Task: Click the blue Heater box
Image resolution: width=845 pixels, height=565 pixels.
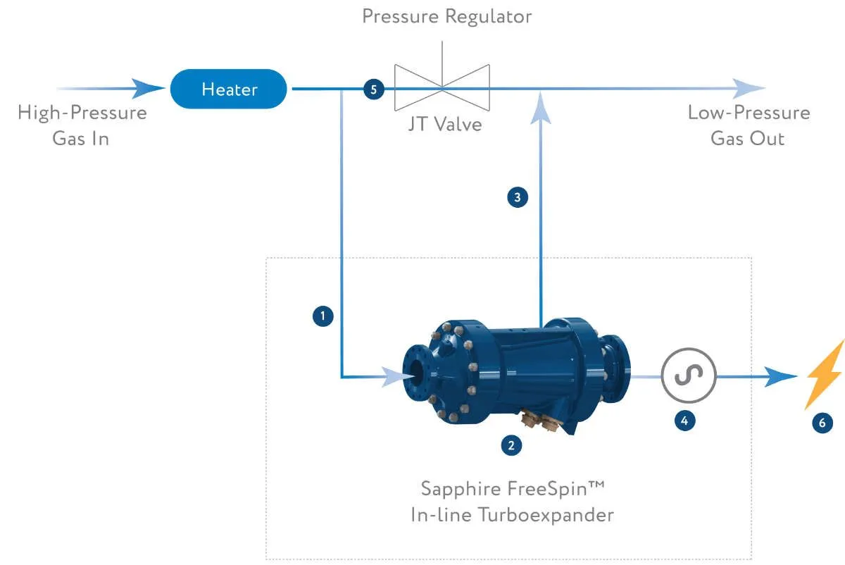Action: point(229,89)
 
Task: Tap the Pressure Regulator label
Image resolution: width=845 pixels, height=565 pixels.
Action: point(446,16)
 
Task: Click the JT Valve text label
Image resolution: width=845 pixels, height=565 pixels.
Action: point(444,124)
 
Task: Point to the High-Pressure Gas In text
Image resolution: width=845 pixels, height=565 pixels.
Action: point(82,125)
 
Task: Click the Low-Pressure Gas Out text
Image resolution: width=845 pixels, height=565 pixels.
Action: point(749,125)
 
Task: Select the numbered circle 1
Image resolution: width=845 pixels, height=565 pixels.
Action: point(323,317)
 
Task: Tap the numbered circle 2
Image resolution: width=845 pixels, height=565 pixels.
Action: point(511,445)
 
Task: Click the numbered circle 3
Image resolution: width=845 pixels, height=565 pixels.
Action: point(518,198)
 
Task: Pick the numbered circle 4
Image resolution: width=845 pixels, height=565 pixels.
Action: point(684,421)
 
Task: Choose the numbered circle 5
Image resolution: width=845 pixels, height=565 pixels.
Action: point(373,89)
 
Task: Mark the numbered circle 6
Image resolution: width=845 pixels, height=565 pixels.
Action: point(822,423)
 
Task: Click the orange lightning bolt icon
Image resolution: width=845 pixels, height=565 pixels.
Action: point(825,375)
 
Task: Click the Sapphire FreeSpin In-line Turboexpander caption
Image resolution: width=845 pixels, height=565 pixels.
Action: point(512,502)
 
